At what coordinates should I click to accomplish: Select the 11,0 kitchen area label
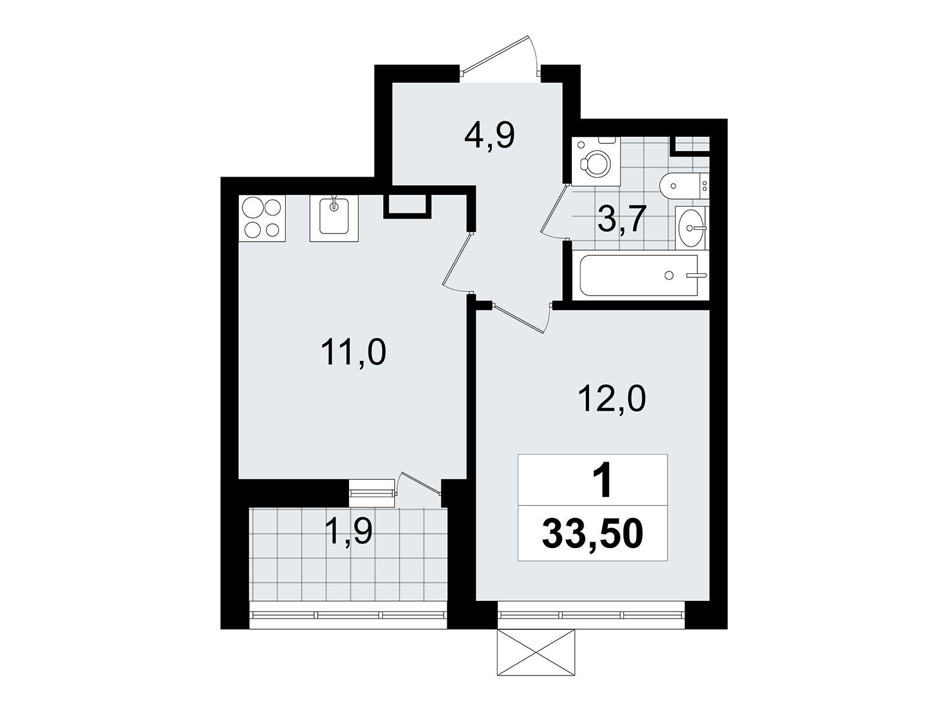354,353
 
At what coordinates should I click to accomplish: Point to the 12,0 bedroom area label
611,399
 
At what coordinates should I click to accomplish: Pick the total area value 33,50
592,534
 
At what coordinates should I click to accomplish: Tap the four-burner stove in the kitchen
262,218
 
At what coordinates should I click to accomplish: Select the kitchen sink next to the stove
334,218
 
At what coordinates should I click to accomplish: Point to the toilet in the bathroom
684,186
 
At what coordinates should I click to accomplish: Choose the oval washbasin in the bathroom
691,227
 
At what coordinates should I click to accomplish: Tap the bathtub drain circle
669,275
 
